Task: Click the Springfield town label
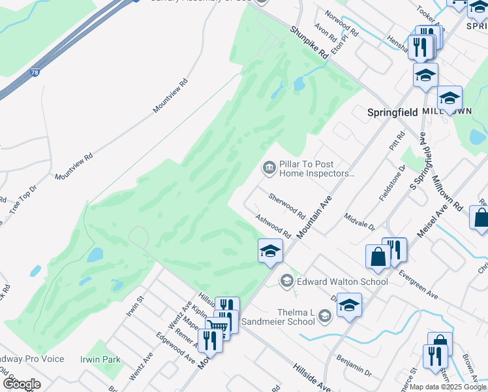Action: [x=391, y=112]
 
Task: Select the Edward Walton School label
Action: [x=343, y=282]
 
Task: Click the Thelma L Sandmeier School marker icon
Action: [x=324, y=317]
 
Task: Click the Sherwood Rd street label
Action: [x=287, y=205]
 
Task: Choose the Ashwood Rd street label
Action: [x=273, y=226]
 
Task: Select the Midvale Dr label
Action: [x=359, y=222]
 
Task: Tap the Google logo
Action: [x=22, y=384]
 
